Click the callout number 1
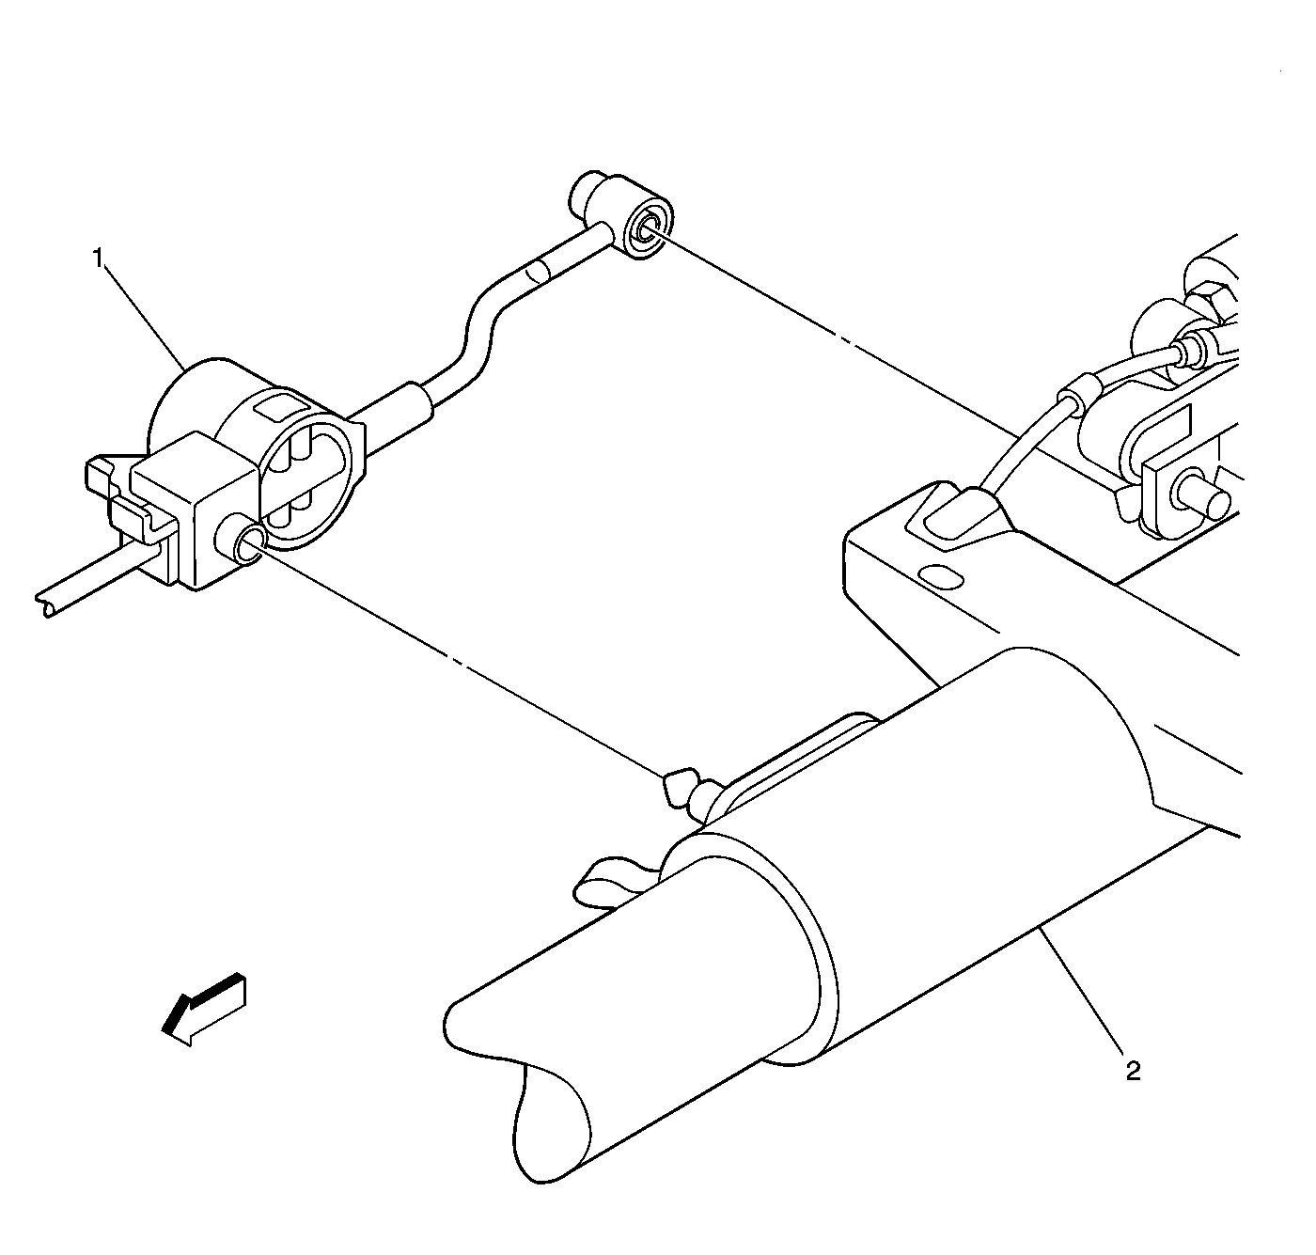99,259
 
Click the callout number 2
1133,1072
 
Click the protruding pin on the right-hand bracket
1205,498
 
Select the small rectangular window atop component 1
275,406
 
